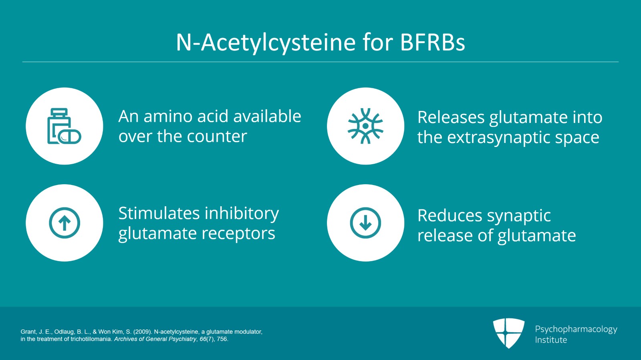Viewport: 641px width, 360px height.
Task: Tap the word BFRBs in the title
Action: pyautogui.click(x=432, y=42)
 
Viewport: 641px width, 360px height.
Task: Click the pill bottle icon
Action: pyautogui.click(x=64, y=126)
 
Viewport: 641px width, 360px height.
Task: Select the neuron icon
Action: pyautogui.click(x=365, y=126)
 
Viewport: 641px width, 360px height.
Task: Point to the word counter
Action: pyautogui.click(x=217, y=137)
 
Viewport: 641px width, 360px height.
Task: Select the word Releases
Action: pyautogui.click(x=451, y=117)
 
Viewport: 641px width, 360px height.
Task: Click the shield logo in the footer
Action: pyautogui.click(x=508, y=333)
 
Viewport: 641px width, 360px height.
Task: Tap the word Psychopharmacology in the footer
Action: pyautogui.click(x=576, y=330)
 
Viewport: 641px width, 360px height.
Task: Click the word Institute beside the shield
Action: pyautogui.click(x=551, y=340)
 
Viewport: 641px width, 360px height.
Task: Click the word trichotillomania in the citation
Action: pyautogui.click(x=92, y=340)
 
